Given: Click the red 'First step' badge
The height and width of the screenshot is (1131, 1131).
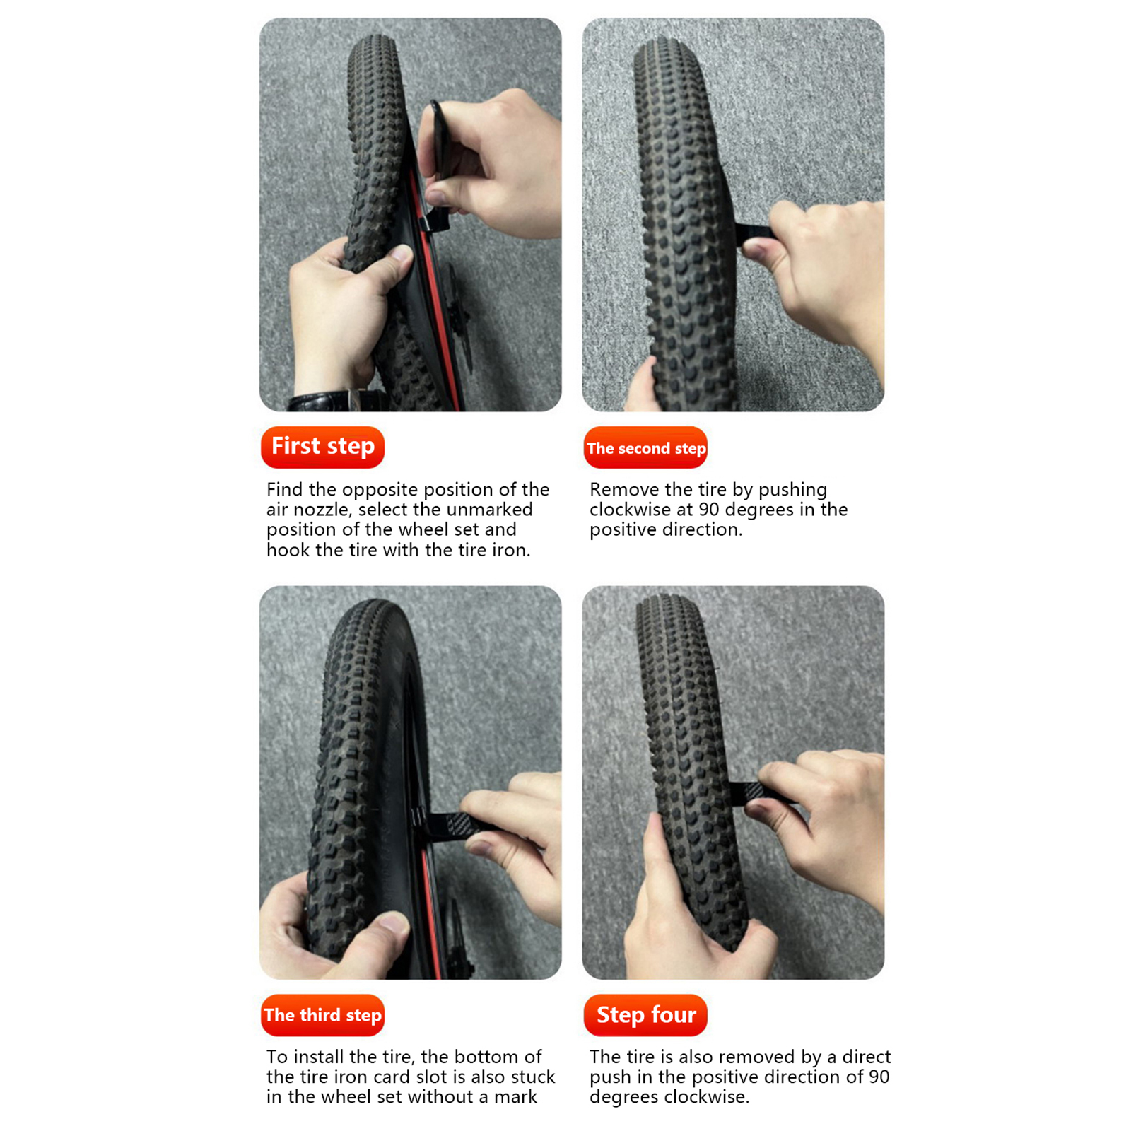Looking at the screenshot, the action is (x=322, y=447).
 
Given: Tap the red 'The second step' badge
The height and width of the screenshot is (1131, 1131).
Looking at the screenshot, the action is (x=645, y=447).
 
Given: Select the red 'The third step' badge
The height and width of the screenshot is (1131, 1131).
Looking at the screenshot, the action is (x=322, y=1015).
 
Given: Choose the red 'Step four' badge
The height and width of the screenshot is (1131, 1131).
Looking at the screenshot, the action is (x=645, y=1015).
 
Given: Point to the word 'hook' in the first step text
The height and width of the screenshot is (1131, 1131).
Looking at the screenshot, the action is (x=288, y=550).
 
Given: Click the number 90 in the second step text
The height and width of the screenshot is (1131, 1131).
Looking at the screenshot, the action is (x=709, y=510).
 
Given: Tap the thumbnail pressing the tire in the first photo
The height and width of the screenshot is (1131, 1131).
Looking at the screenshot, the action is (x=401, y=254).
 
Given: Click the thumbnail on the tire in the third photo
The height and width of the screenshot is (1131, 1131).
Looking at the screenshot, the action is (x=393, y=922).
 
